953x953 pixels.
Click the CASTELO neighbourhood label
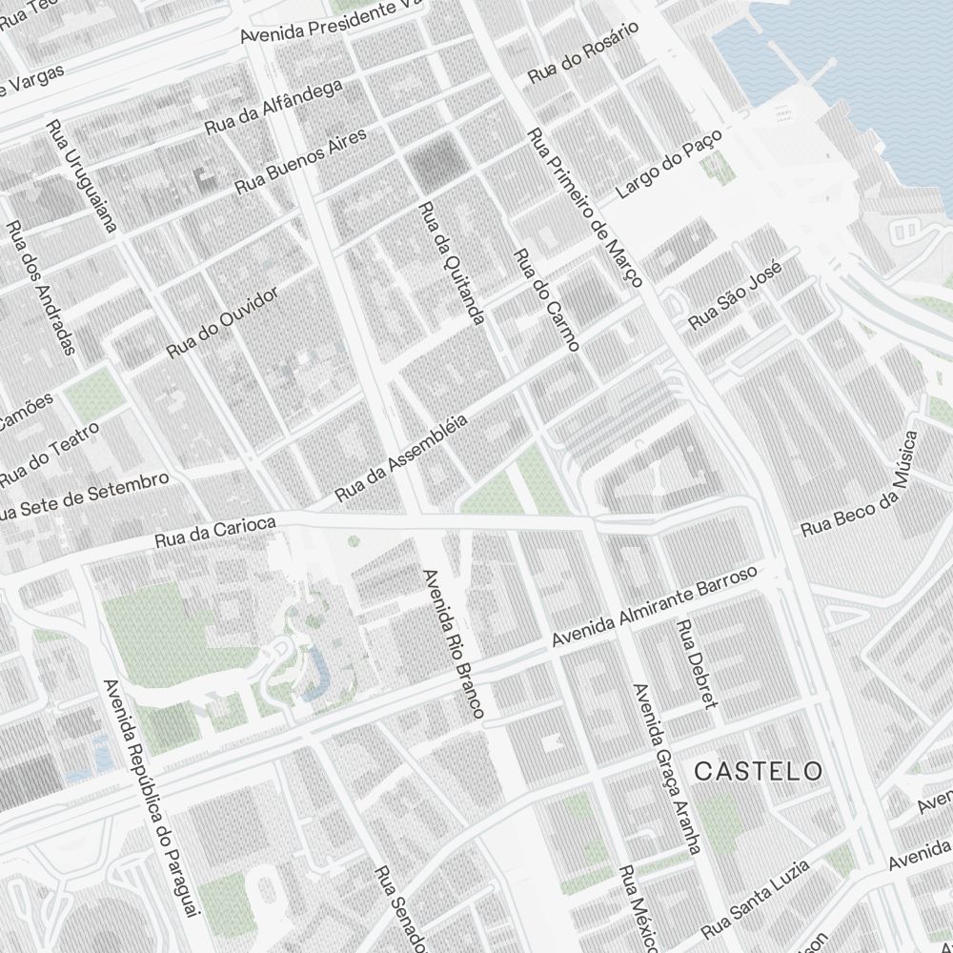click(x=758, y=771)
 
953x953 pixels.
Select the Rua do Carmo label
click(x=546, y=299)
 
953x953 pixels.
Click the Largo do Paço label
click(x=670, y=165)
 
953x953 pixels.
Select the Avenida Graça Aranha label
click(x=666, y=768)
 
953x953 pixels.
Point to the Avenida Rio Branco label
click(x=454, y=643)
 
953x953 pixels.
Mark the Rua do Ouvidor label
click(x=222, y=323)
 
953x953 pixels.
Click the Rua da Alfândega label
click(x=274, y=107)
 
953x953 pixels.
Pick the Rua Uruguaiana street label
click(x=81, y=176)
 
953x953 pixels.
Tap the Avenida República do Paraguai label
click(x=152, y=799)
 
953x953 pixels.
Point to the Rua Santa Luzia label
click(x=755, y=897)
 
